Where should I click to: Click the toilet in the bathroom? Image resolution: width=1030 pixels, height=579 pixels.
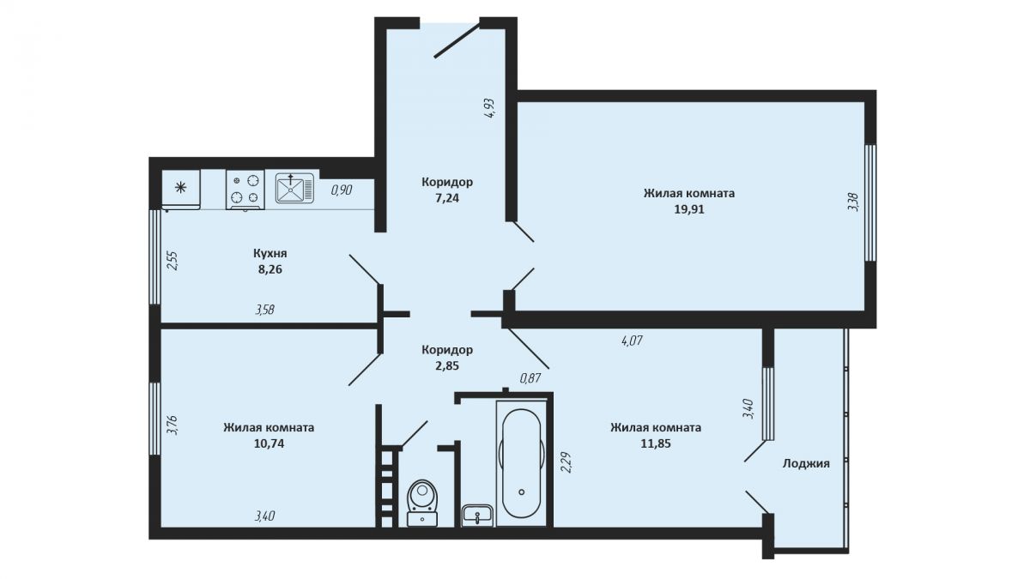click(422, 503)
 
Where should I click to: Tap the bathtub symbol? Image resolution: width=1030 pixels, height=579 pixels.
click(522, 463)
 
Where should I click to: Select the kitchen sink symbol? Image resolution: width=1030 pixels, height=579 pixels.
click(294, 188)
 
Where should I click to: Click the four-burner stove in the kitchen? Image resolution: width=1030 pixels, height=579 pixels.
click(245, 190)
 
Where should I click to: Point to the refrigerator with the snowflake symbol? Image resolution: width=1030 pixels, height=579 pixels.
click(181, 190)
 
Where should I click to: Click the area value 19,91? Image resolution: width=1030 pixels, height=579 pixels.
click(688, 209)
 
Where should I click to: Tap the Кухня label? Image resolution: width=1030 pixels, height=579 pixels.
click(270, 253)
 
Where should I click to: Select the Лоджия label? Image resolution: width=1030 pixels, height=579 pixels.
click(806, 464)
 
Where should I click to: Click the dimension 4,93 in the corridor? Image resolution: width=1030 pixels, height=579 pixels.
click(490, 109)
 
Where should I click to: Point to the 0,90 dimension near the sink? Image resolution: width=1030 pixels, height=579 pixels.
click(342, 190)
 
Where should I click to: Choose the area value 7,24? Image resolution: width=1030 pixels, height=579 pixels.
click(447, 198)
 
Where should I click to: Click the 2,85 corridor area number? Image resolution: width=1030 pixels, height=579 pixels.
click(447, 366)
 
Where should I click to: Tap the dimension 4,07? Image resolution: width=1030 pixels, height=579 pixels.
click(632, 341)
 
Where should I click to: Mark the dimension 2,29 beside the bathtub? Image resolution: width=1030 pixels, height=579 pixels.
click(566, 462)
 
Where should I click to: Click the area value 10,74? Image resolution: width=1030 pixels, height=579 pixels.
click(269, 444)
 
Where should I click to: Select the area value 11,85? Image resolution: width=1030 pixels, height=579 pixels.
click(656, 444)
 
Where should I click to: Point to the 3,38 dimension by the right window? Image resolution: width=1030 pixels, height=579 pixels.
click(853, 202)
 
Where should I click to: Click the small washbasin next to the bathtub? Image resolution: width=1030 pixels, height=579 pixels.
click(477, 516)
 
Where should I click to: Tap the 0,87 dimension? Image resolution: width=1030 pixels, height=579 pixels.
click(530, 378)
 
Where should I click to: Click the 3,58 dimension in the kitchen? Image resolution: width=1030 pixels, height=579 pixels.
click(265, 310)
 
